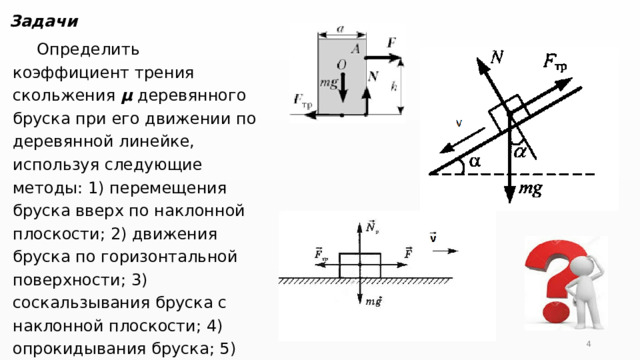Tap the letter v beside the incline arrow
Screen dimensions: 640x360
point(459,124)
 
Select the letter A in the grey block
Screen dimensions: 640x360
point(356,48)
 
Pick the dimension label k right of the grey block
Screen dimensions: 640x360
point(393,86)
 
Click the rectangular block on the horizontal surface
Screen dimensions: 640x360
point(359,265)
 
